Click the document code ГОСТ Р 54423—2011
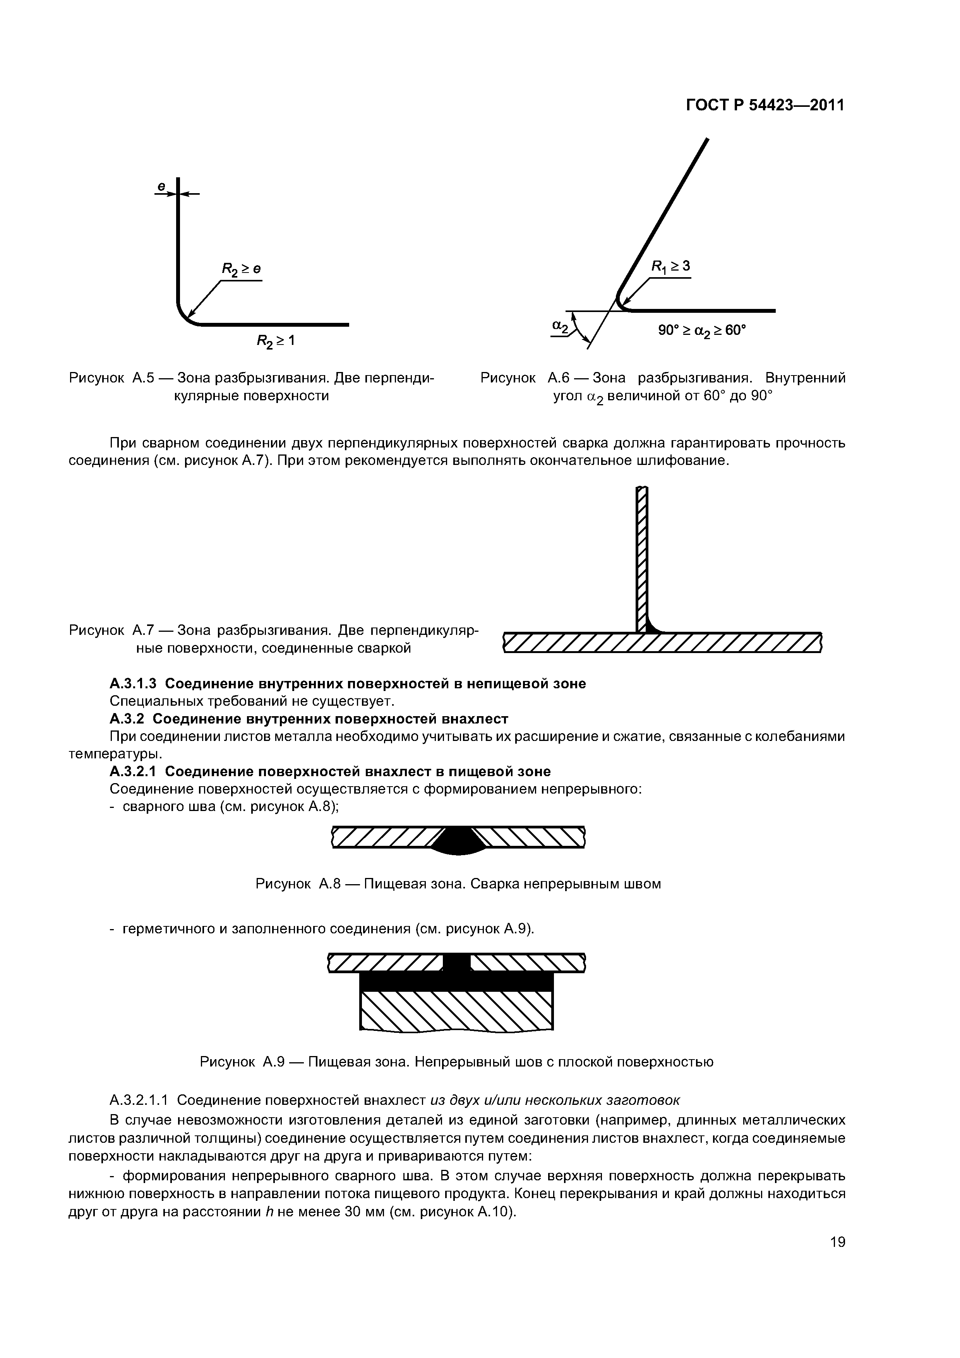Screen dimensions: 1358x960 (x=765, y=105)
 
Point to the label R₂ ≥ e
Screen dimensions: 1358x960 (x=241, y=269)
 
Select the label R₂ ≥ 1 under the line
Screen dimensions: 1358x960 (x=275, y=341)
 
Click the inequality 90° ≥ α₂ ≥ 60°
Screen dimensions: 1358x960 (x=703, y=330)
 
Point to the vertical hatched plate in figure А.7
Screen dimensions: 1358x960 (x=642, y=556)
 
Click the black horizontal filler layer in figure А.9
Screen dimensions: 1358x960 (x=456, y=982)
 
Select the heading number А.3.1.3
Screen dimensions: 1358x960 (x=133, y=684)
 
